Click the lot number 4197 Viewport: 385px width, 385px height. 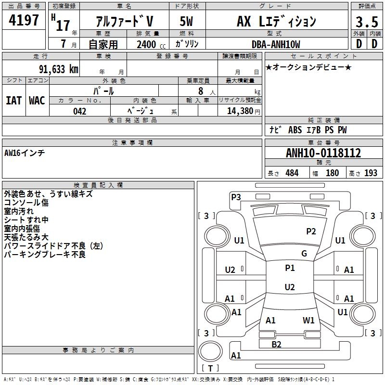tap(24, 21)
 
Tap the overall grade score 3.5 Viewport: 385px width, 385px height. tap(366, 22)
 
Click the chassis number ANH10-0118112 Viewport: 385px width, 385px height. tap(323, 153)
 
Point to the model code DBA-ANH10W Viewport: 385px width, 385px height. tap(276, 44)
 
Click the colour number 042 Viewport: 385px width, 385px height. tap(79, 111)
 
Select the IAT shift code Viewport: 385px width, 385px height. tap(13, 101)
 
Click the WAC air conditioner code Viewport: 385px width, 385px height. tap(37, 101)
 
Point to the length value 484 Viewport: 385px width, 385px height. tap(291, 173)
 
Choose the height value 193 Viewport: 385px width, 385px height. tap(371, 173)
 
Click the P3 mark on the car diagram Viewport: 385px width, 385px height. tap(236, 196)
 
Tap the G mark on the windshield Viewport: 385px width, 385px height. tap(304, 254)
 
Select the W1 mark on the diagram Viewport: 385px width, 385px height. tap(308, 320)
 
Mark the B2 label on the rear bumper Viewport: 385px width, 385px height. tap(276, 344)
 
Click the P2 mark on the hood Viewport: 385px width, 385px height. tap(311, 231)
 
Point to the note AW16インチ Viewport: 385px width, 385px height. tap(25, 153)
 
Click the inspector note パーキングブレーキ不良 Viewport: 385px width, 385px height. tap(45, 255)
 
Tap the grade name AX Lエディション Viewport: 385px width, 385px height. tap(276, 22)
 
